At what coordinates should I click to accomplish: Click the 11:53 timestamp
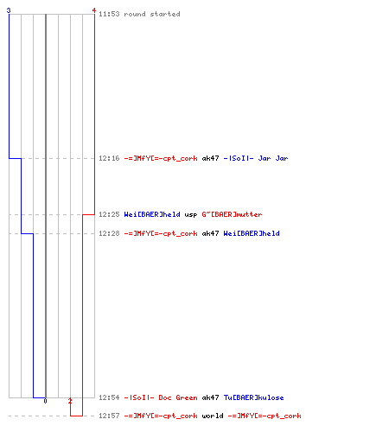[x=109, y=14]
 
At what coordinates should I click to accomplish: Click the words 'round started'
[x=152, y=14]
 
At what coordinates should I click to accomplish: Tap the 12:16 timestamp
[x=109, y=158]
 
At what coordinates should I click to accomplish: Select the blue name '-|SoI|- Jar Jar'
[x=256, y=158]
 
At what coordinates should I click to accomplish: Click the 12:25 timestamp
[x=109, y=214]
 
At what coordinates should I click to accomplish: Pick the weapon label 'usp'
[x=191, y=215]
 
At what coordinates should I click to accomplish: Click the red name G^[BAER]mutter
[x=232, y=214]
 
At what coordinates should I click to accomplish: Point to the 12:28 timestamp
[x=109, y=233]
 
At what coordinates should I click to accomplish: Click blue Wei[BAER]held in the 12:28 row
[x=252, y=233]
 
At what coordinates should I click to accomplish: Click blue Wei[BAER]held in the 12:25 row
[x=152, y=214]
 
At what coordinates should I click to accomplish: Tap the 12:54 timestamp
[x=109, y=397]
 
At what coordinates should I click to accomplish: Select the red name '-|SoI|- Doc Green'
[x=161, y=397]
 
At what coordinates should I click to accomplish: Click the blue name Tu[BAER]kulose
[x=253, y=397]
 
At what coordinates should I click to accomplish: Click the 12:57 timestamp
[x=109, y=416]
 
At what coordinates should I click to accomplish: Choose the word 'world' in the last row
[x=213, y=416]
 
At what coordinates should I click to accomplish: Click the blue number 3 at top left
[x=9, y=10]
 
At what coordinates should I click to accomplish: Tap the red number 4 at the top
[x=94, y=10]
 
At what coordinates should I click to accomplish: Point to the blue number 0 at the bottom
[x=45, y=401]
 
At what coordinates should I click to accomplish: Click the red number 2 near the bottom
[x=70, y=401]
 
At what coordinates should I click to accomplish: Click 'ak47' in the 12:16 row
[x=210, y=158]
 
